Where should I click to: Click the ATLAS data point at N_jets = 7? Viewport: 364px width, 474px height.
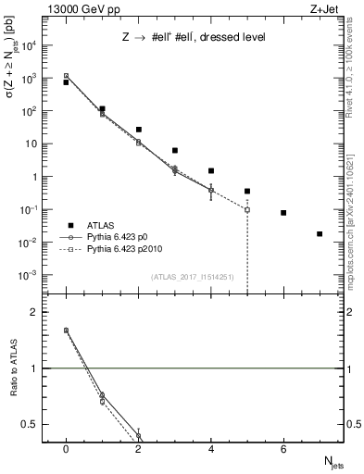[320, 234]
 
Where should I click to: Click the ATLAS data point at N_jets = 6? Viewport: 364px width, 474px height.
[283, 213]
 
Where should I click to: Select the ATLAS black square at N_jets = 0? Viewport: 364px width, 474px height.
[66, 82]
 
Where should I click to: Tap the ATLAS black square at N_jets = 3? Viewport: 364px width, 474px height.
[175, 150]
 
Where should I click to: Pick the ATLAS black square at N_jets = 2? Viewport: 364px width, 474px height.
[138, 130]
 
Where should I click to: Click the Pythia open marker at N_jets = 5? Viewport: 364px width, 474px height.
[247, 209]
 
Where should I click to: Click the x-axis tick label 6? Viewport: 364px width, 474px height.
[283, 449]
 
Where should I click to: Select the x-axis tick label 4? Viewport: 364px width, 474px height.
[211, 449]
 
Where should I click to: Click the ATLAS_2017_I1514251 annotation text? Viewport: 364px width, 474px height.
[190, 277]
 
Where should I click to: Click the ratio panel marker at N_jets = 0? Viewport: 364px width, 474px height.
[66, 330]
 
